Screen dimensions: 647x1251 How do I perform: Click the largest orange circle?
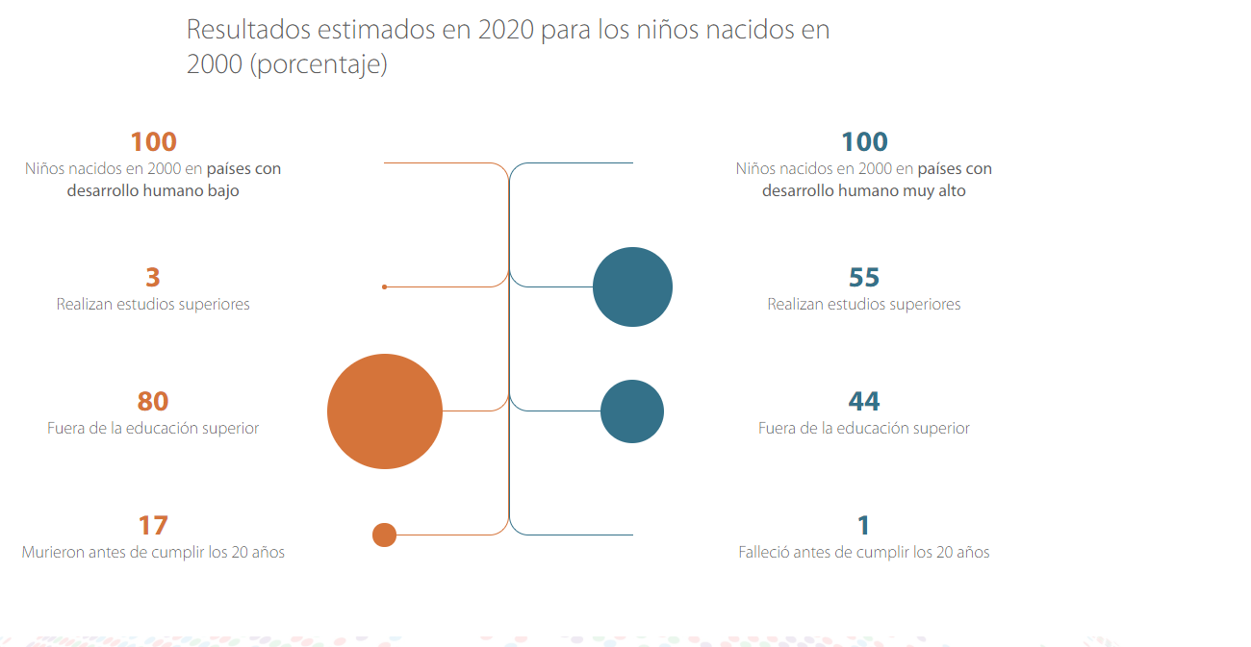point(385,411)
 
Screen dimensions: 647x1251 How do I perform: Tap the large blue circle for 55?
point(632,286)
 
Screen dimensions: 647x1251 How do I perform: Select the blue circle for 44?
point(632,411)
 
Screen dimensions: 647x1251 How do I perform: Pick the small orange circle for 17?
point(384,535)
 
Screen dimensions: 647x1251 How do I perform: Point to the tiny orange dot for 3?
point(384,286)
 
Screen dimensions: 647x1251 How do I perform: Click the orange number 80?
point(153,401)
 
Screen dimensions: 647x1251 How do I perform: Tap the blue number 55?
point(864,278)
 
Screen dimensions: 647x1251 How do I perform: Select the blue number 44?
point(864,401)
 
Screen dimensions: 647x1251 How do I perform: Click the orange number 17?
point(153,525)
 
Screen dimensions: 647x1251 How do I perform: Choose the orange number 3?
point(153,278)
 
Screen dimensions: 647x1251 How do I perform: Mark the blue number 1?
point(863,525)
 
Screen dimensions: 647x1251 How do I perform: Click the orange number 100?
point(153,142)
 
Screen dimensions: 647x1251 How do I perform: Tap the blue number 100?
point(864,142)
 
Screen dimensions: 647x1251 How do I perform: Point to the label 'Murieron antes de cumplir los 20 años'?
point(153,553)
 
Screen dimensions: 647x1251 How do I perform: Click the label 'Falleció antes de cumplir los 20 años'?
point(864,553)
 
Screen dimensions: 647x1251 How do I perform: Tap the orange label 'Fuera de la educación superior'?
point(153,429)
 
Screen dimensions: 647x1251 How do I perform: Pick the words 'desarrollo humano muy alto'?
point(864,191)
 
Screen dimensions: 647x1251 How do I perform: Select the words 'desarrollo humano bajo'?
point(153,191)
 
